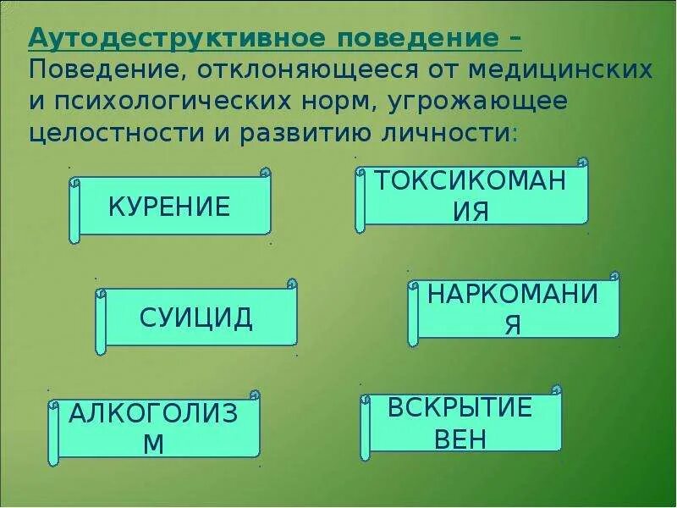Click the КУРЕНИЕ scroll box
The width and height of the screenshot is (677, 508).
(170, 206)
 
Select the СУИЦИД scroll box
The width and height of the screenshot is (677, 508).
(195, 317)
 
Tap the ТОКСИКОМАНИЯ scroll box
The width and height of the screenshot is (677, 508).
(471, 196)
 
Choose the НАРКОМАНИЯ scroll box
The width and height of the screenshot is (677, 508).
(513, 309)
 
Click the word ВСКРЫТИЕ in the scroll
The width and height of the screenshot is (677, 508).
(460, 408)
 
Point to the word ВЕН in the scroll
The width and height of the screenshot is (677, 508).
(460, 439)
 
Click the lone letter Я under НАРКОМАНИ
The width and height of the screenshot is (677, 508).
(513, 326)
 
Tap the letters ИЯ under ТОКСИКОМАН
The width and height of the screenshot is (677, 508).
(471, 211)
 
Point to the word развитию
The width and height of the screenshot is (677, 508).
(295, 134)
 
